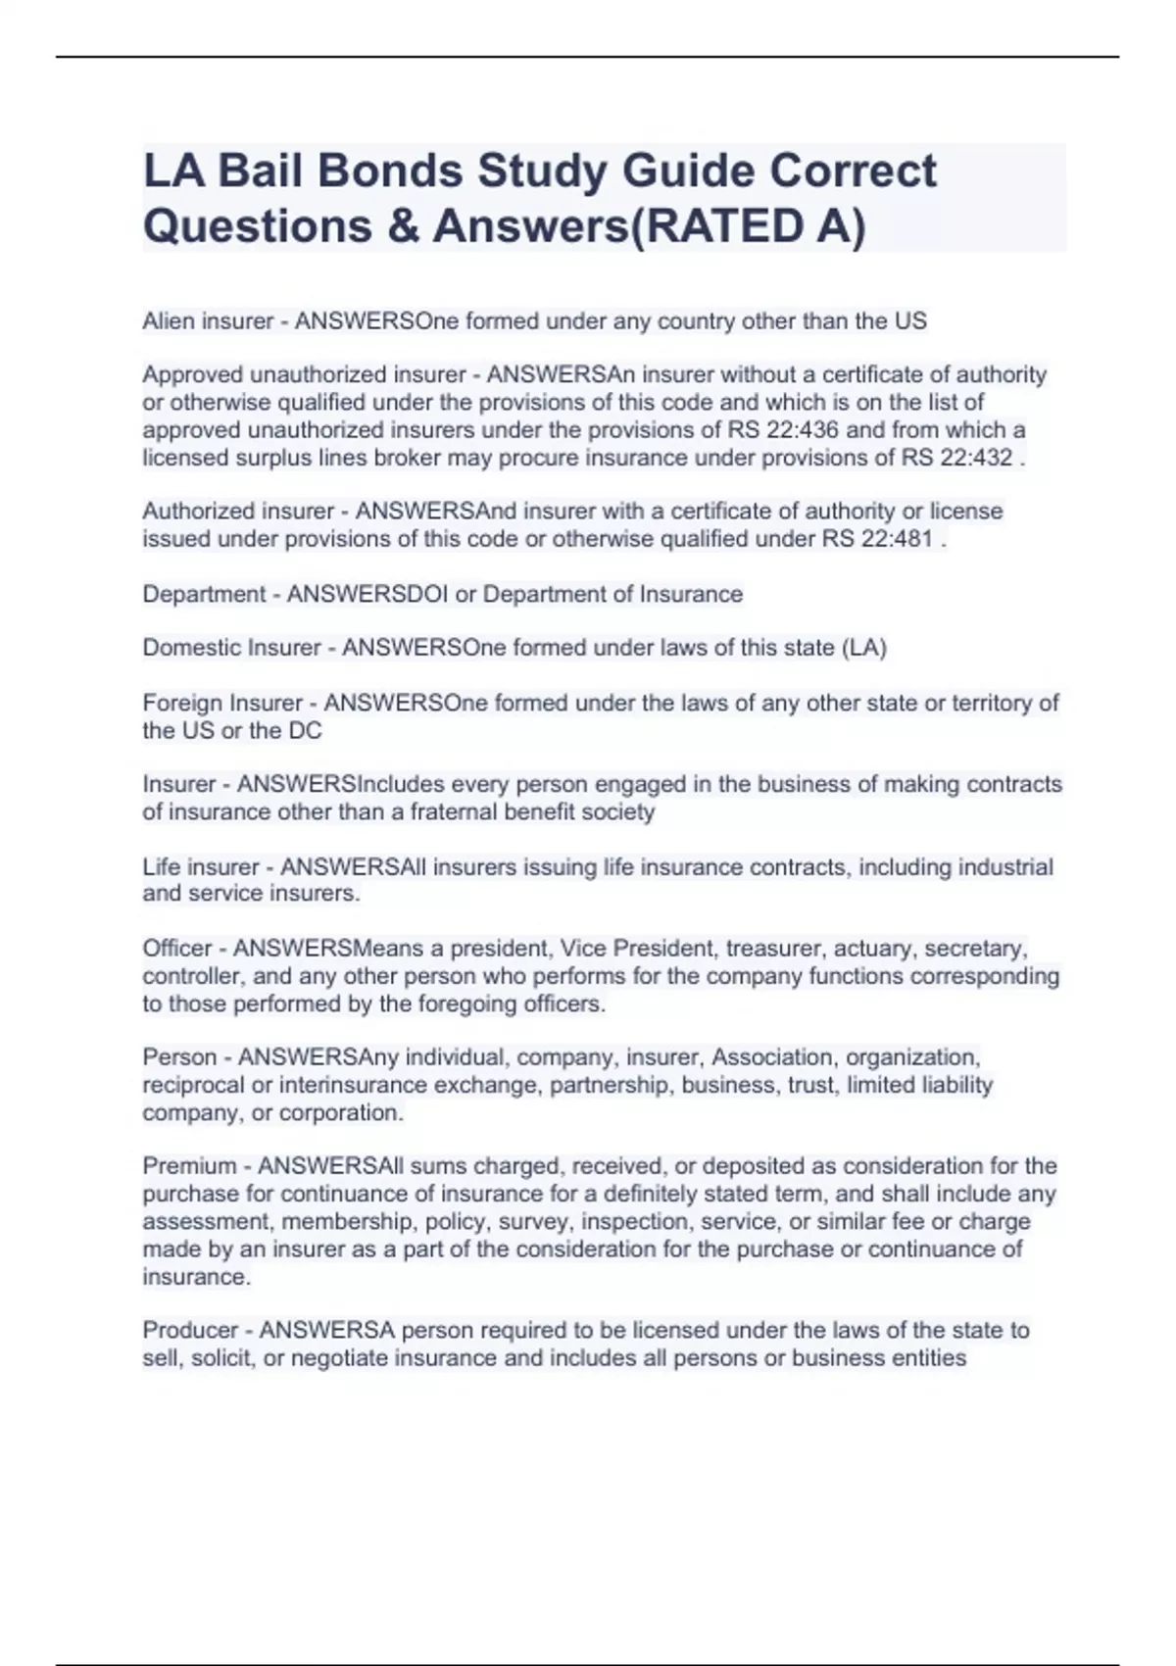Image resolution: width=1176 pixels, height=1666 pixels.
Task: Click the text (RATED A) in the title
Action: (x=746, y=225)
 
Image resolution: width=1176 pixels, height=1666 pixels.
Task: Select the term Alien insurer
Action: (x=208, y=321)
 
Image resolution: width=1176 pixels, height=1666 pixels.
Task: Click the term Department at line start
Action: (x=204, y=594)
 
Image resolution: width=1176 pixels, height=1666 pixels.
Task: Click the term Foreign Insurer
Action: (x=222, y=703)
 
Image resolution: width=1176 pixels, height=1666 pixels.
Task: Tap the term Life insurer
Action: (x=201, y=867)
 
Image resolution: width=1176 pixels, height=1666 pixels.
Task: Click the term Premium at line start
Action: (x=189, y=1166)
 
